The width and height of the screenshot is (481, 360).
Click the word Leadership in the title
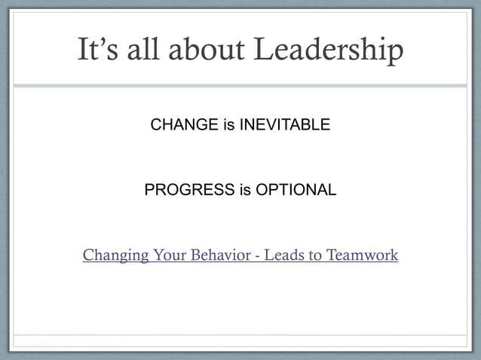click(x=329, y=50)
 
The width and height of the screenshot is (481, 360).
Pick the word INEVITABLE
click(x=284, y=124)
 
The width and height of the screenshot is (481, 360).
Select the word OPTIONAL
click(x=296, y=190)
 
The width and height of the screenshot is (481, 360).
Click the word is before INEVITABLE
click(x=228, y=124)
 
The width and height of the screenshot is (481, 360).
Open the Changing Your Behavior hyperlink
click(x=240, y=255)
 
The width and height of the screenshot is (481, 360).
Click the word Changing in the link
click(x=115, y=256)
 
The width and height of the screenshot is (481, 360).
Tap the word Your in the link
click(x=170, y=255)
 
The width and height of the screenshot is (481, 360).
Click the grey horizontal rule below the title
click(x=240, y=85)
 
